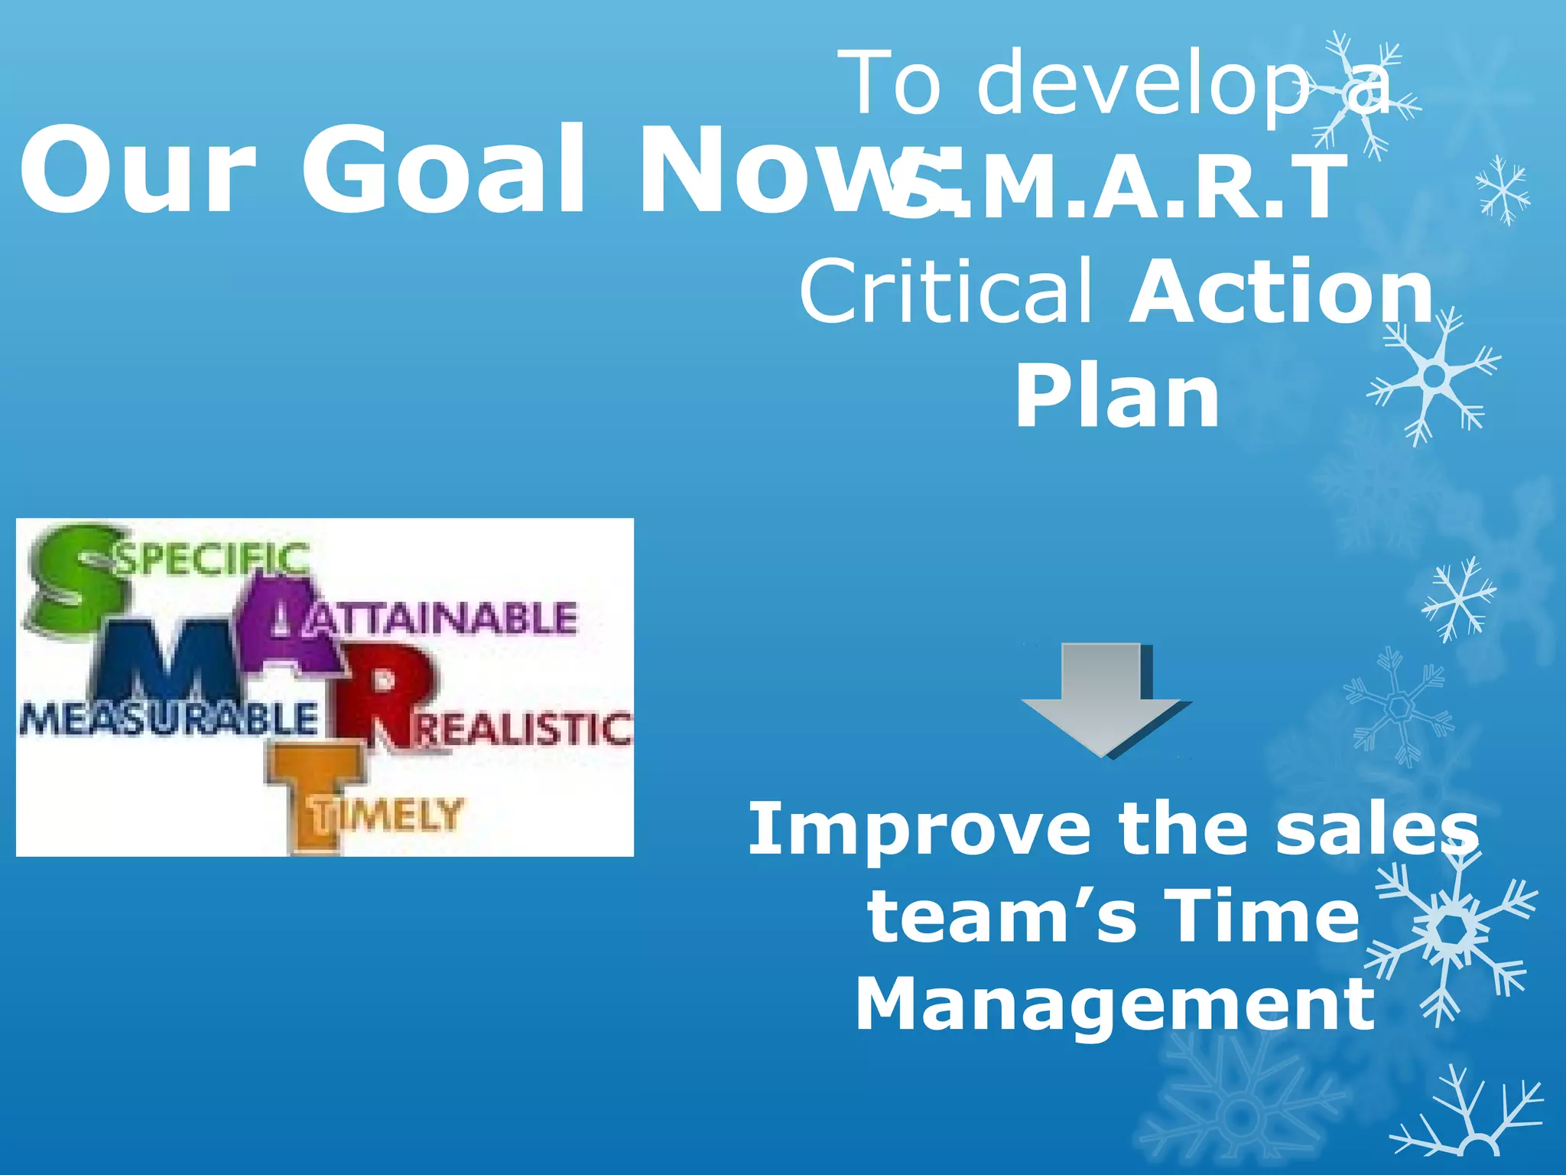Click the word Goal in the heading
click(x=443, y=170)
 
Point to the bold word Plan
click(x=1117, y=395)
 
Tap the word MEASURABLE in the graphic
click(x=168, y=719)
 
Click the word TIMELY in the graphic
click(x=390, y=814)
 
